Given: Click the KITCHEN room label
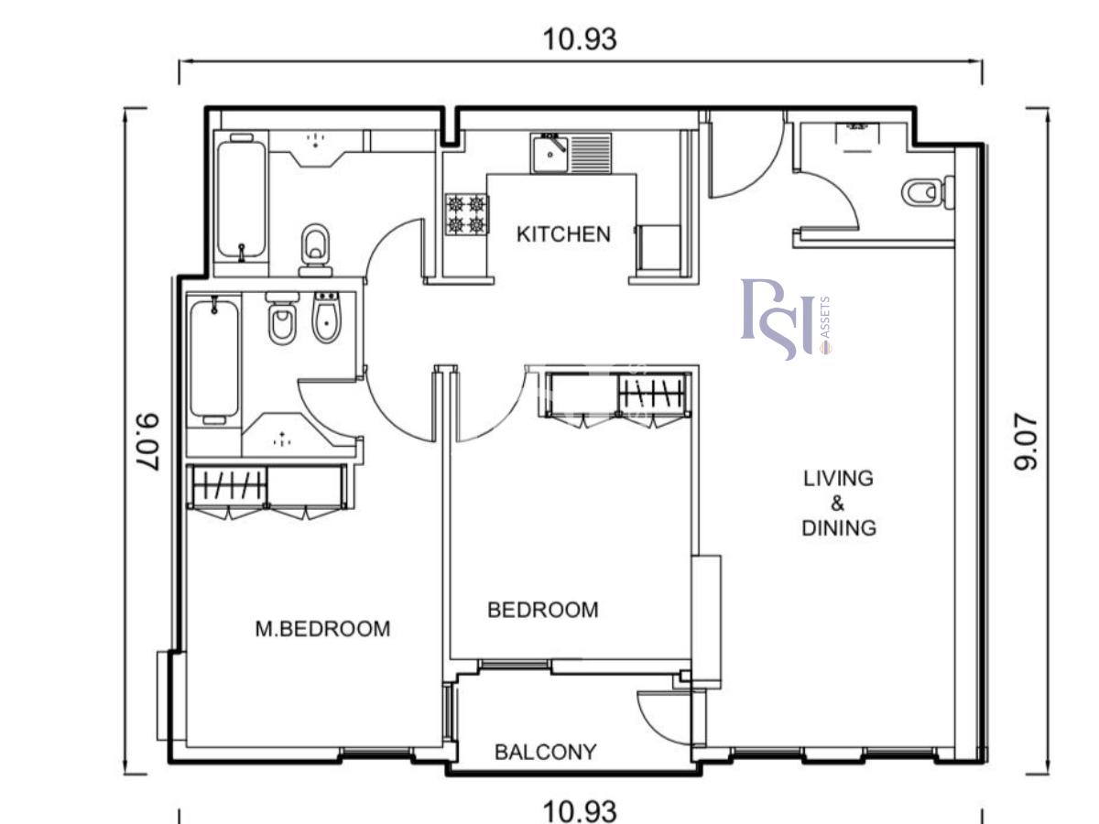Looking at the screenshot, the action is [x=563, y=234].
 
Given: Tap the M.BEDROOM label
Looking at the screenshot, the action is [x=323, y=629].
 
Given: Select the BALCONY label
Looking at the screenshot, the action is [x=545, y=752].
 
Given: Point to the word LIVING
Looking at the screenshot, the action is [x=839, y=478].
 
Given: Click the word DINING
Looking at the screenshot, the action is [x=839, y=528].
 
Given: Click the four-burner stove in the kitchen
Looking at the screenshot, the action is [x=467, y=214].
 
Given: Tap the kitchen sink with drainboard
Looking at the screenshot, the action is [x=571, y=153].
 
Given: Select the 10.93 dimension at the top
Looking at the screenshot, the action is [x=580, y=39].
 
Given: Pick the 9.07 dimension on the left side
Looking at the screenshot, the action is [x=148, y=442].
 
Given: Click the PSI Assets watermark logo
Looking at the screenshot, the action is [x=786, y=320].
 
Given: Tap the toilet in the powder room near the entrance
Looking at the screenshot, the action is [x=929, y=192].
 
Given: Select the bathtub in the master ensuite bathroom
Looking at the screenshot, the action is [x=213, y=359].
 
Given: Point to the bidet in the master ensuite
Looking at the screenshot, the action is [x=326, y=319].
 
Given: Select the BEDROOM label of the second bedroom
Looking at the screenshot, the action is [x=543, y=610].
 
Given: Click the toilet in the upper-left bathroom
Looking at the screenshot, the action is [x=315, y=250].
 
